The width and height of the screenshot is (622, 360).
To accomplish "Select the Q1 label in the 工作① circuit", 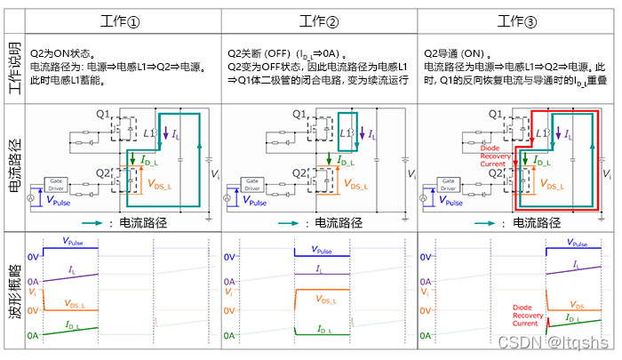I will [103, 114].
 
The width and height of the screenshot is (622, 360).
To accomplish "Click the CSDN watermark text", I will [552, 342].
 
